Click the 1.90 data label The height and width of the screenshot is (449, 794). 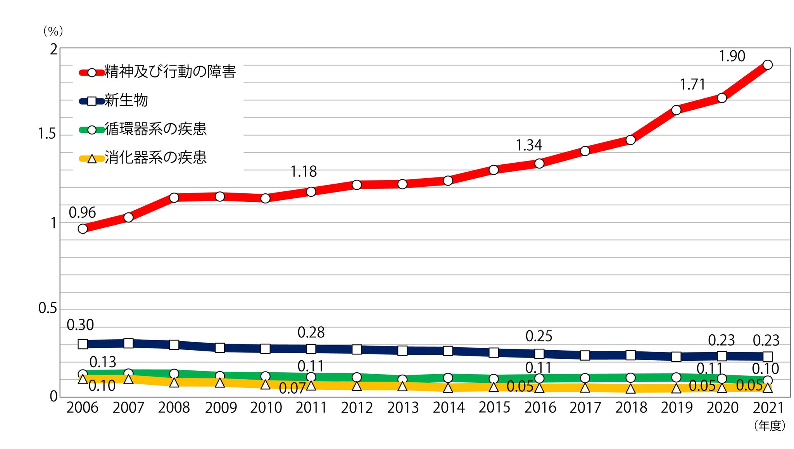coord(732,56)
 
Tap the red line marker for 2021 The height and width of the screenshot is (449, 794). coord(767,65)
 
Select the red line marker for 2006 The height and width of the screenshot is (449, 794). coord(83,229)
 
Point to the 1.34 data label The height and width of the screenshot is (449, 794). coord(528,145)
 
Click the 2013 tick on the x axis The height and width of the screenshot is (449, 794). coord(403,408)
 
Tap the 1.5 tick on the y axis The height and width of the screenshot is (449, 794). coord(47,134)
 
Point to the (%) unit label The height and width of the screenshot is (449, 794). coord(53,31)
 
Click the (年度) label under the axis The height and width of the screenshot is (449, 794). coord(770,426)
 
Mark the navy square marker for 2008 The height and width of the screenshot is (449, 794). coord(174,344)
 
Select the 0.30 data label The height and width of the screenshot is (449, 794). coord(80,325)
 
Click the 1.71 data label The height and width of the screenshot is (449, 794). coord(692,84)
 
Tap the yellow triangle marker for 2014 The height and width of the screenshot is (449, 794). coord(448,387)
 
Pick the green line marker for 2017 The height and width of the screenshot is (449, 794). coord(585,378)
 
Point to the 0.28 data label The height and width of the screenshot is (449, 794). coord(311,332)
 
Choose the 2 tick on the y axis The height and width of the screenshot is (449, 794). coord(54,49)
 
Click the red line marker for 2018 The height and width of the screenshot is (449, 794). coord(630,139)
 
